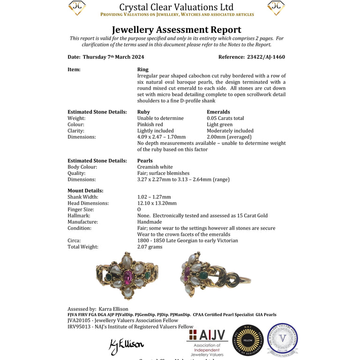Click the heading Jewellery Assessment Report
pyautogui.click(x=177, y=30)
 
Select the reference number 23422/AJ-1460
pyautogui.click(x=265, y=57)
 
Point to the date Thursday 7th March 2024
pyautogui.click(x=113, y=57)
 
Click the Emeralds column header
pyautogui.click(x=218, y=112)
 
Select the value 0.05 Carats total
pyautogui.click(x=225, y=118)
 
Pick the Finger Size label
pyautogui.click(x=81, y=210)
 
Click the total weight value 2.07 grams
pyautogui.click(x=150, y=247)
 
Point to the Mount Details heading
pyautogui.click(x=85, y=191)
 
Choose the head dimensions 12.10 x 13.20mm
pyautogui.click(x=157, y=203)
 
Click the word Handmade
pyautogui.click(x=150, y=222)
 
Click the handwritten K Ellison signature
pyautogui.click(x=127, y=345)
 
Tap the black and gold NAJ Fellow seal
pyautogui.click(x=248, y=340)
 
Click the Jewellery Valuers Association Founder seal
pyautogui.click(x=283, y=339)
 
